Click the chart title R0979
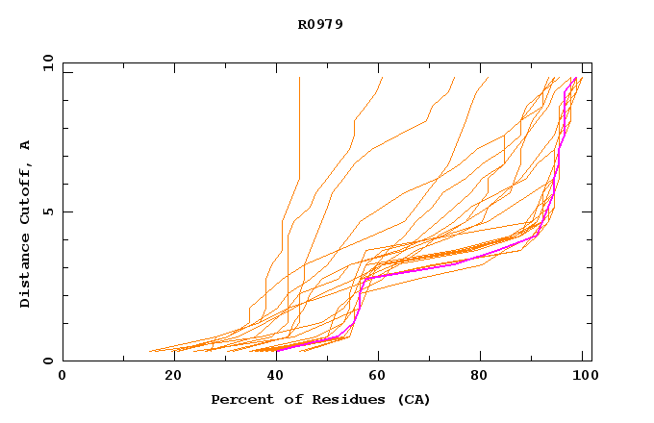(x=320, y=24)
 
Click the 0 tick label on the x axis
(x=63, y=376)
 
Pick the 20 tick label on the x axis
(x=173, y=376)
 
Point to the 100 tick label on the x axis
(x=582, y=376)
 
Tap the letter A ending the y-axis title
(x=26, y=145)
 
